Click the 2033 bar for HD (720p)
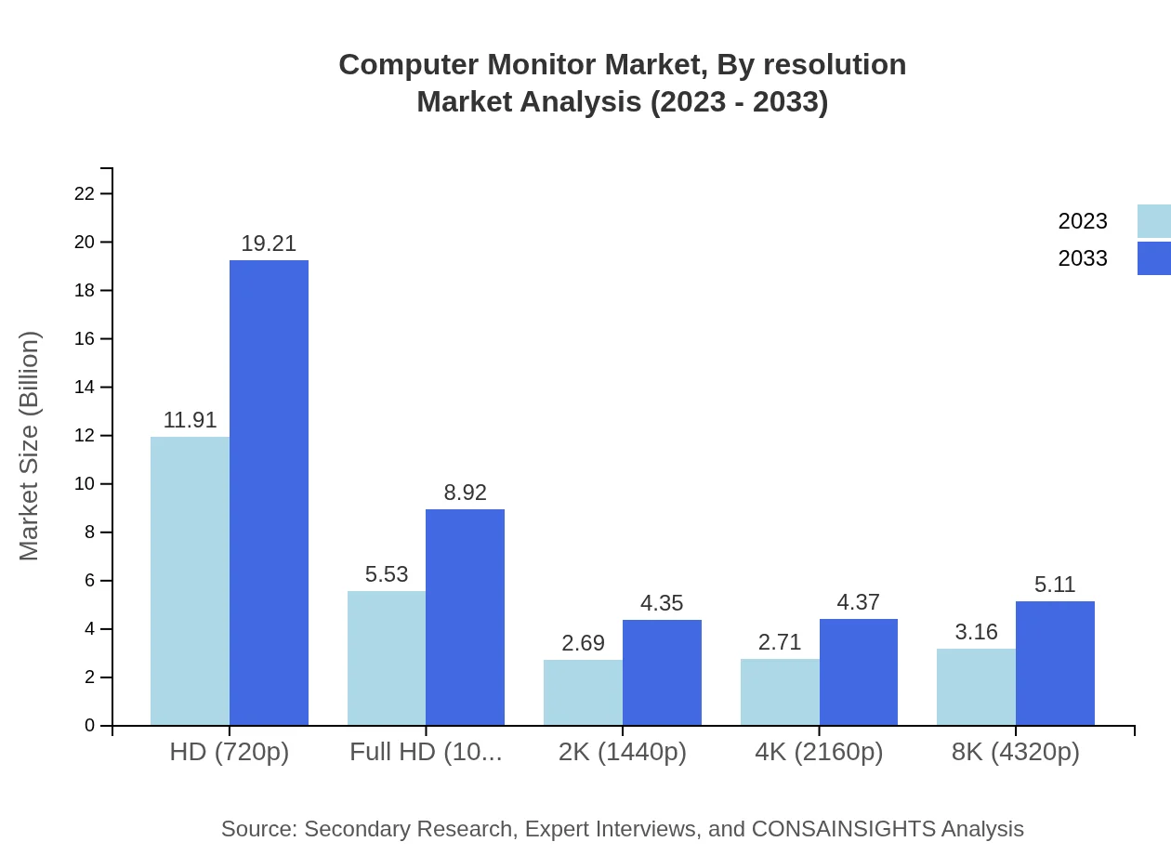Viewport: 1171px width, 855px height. [x=269, y=493]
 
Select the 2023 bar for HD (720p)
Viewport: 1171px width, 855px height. [x=190, y=581]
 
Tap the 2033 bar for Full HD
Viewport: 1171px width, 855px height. [x=465, y=617]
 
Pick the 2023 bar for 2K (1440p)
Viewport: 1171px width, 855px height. [x=583, y=692]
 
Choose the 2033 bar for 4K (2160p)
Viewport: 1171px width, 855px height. [x=858, y=672]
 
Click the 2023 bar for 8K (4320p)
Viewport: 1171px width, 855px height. [x=976, y=687]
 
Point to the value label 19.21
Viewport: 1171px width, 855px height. [x=269, y=243]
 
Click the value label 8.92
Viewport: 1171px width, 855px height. [x=465, y=493]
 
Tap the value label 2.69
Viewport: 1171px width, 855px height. [x=583, y=643]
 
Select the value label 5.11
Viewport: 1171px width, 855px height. [x=1055, y=585]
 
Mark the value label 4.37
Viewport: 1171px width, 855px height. [x=858, y=602]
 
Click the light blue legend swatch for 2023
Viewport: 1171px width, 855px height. [x=1153, y=221]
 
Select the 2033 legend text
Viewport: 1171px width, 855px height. [x=1083, y=258]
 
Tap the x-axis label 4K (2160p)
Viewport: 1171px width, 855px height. [x=819, y=752]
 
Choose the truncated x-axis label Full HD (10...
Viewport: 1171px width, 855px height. [x=426, y=752]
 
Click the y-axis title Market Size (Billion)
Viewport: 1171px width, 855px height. [x=30, y=446]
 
